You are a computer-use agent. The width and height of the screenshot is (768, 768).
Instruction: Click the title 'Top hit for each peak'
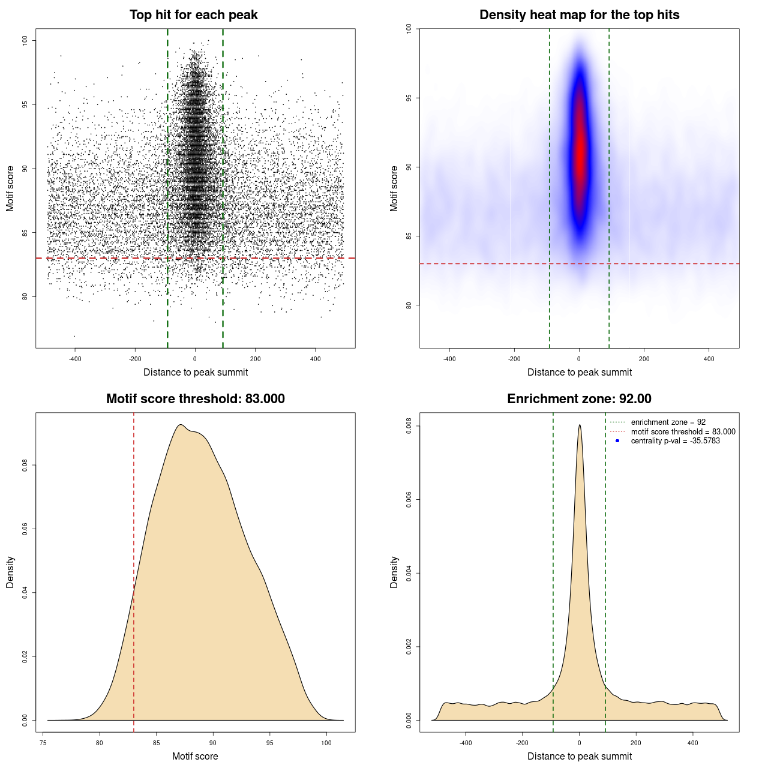(x=193, y=15)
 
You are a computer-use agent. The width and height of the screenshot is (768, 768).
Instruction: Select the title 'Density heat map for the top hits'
(x=579, y=15)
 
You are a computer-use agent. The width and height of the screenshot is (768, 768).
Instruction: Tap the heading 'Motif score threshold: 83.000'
(x=195, y=399)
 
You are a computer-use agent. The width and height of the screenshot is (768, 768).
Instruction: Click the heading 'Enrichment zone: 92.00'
(x=579, y=399)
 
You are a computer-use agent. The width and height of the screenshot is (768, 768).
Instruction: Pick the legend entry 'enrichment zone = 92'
(x=668, y=422)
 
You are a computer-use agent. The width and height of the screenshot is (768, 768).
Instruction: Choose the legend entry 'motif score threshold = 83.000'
(x=683, y=431)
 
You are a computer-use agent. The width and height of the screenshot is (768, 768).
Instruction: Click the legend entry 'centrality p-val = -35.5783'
(x=675, y=441)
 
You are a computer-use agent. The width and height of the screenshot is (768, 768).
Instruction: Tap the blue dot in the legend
(x=617, y=441)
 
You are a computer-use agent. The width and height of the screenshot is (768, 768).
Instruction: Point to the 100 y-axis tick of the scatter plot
(x=25, y=40)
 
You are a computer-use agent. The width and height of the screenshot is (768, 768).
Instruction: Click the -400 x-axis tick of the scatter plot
(x=75, y=359)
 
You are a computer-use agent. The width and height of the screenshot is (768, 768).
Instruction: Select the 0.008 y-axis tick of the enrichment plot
(x=409, y=426)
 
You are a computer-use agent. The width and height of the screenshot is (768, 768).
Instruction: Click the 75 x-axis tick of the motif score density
(x=43, y=743)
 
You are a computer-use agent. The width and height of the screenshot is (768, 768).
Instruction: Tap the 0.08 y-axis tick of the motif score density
(x=25, y=465)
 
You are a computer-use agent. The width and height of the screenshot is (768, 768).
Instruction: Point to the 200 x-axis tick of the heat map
(x=644, y=359)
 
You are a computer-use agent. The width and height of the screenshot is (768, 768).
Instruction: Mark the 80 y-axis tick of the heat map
(x=409, y=305)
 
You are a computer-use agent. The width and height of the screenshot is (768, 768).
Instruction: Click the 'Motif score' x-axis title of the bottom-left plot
(x=195, y=756)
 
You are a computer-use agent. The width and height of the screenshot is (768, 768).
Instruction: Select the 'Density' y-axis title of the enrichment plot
(x=394, y=572)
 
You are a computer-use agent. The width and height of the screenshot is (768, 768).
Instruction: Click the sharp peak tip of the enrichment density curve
(x=580, y=425)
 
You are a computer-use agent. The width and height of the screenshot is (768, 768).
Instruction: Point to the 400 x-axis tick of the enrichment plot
(x=693, y=743)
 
